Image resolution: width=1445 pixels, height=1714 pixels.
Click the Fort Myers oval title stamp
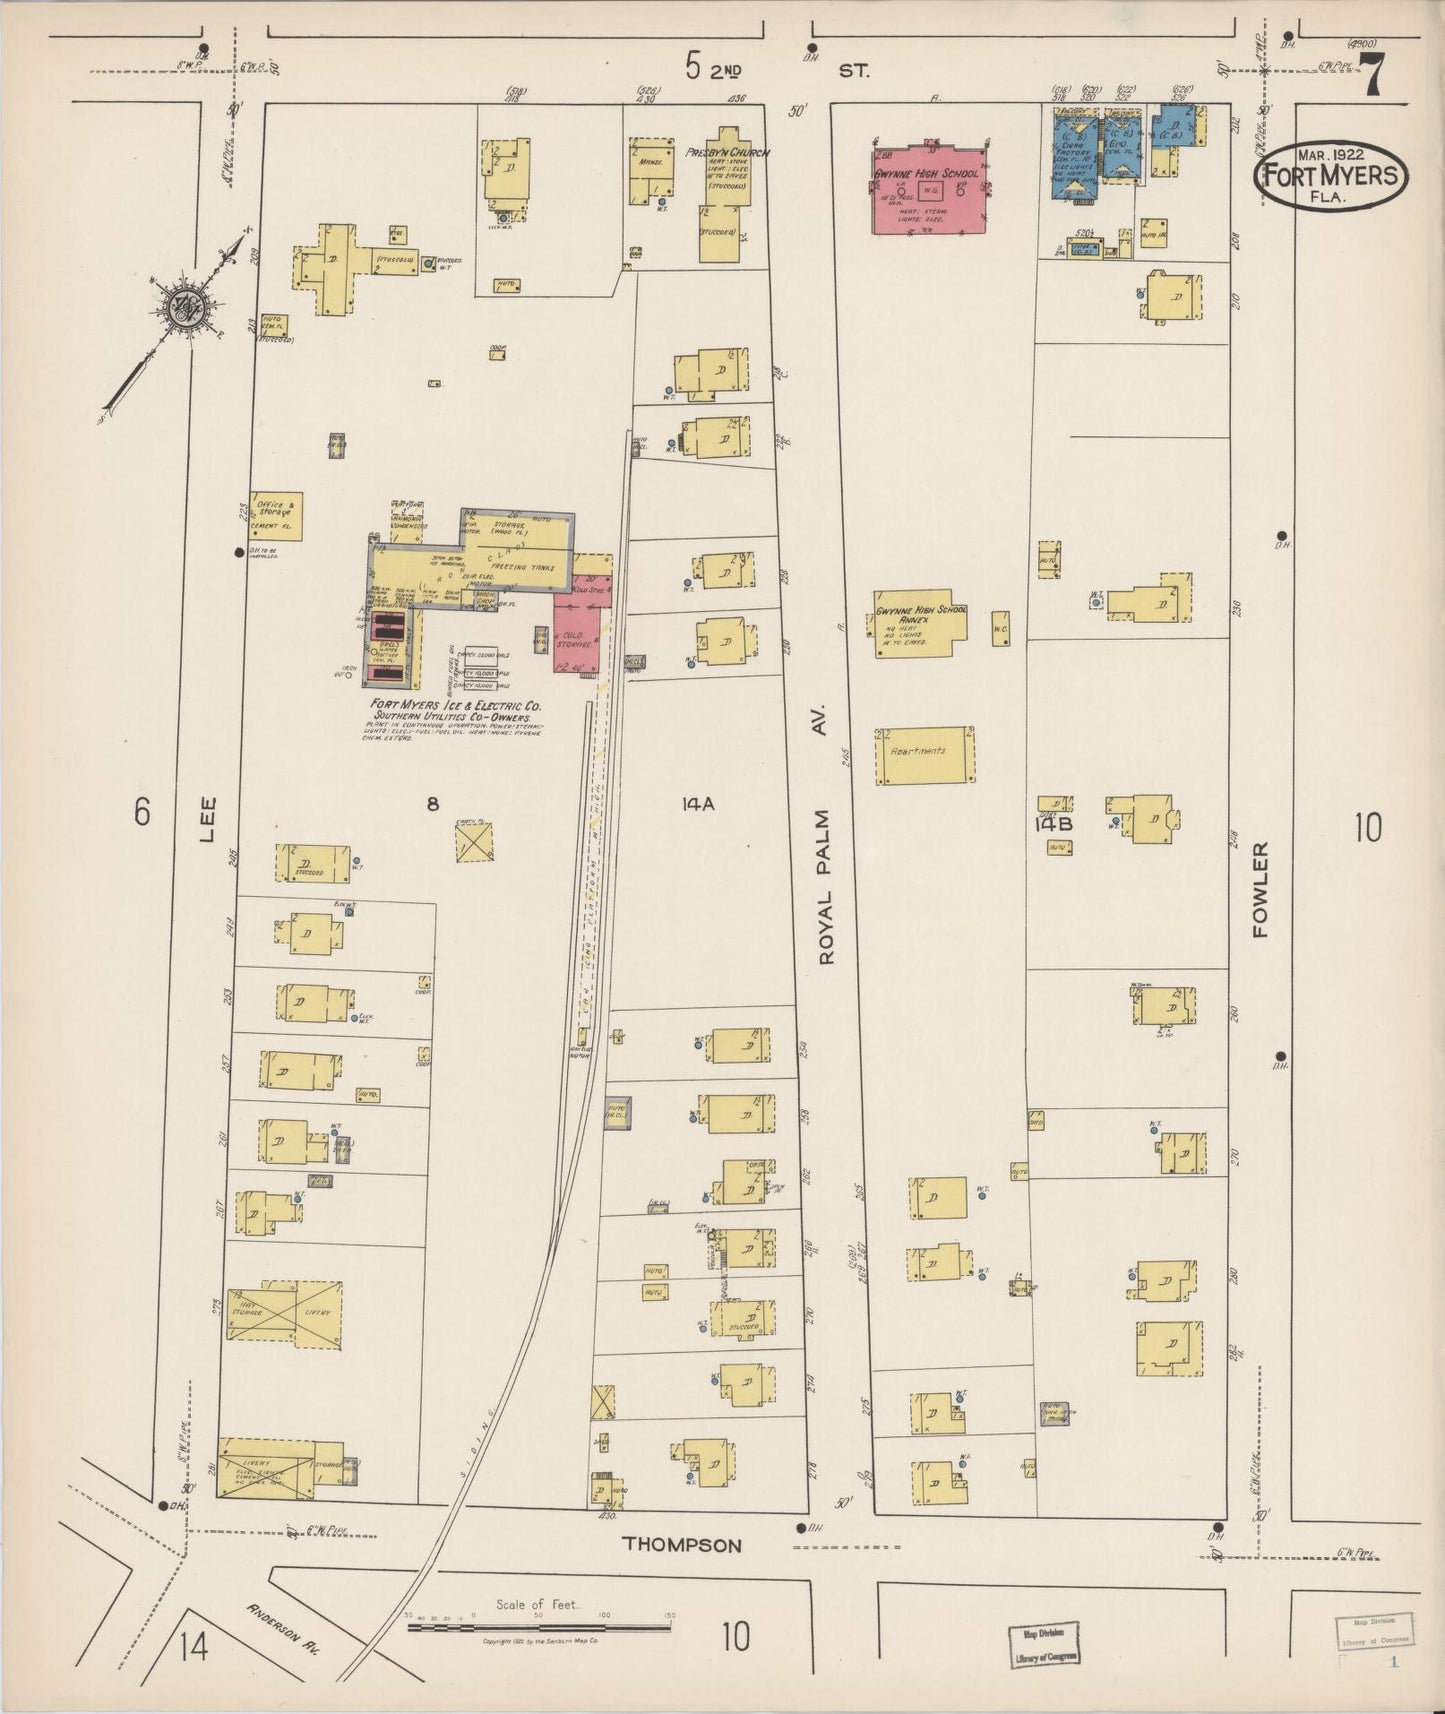(1332, 173)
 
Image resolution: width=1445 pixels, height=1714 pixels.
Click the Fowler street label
(1259, 888)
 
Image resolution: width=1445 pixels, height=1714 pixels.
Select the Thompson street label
(682, 1544)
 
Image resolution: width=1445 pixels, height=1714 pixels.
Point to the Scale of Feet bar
(540, 1626)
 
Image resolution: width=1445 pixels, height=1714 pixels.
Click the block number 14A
(697, 803)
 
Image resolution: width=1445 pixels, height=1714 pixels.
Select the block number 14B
(1053, 824)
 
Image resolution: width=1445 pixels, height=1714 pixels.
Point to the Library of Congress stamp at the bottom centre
(1044, 1646)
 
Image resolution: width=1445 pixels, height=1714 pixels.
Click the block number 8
(432, 803)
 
